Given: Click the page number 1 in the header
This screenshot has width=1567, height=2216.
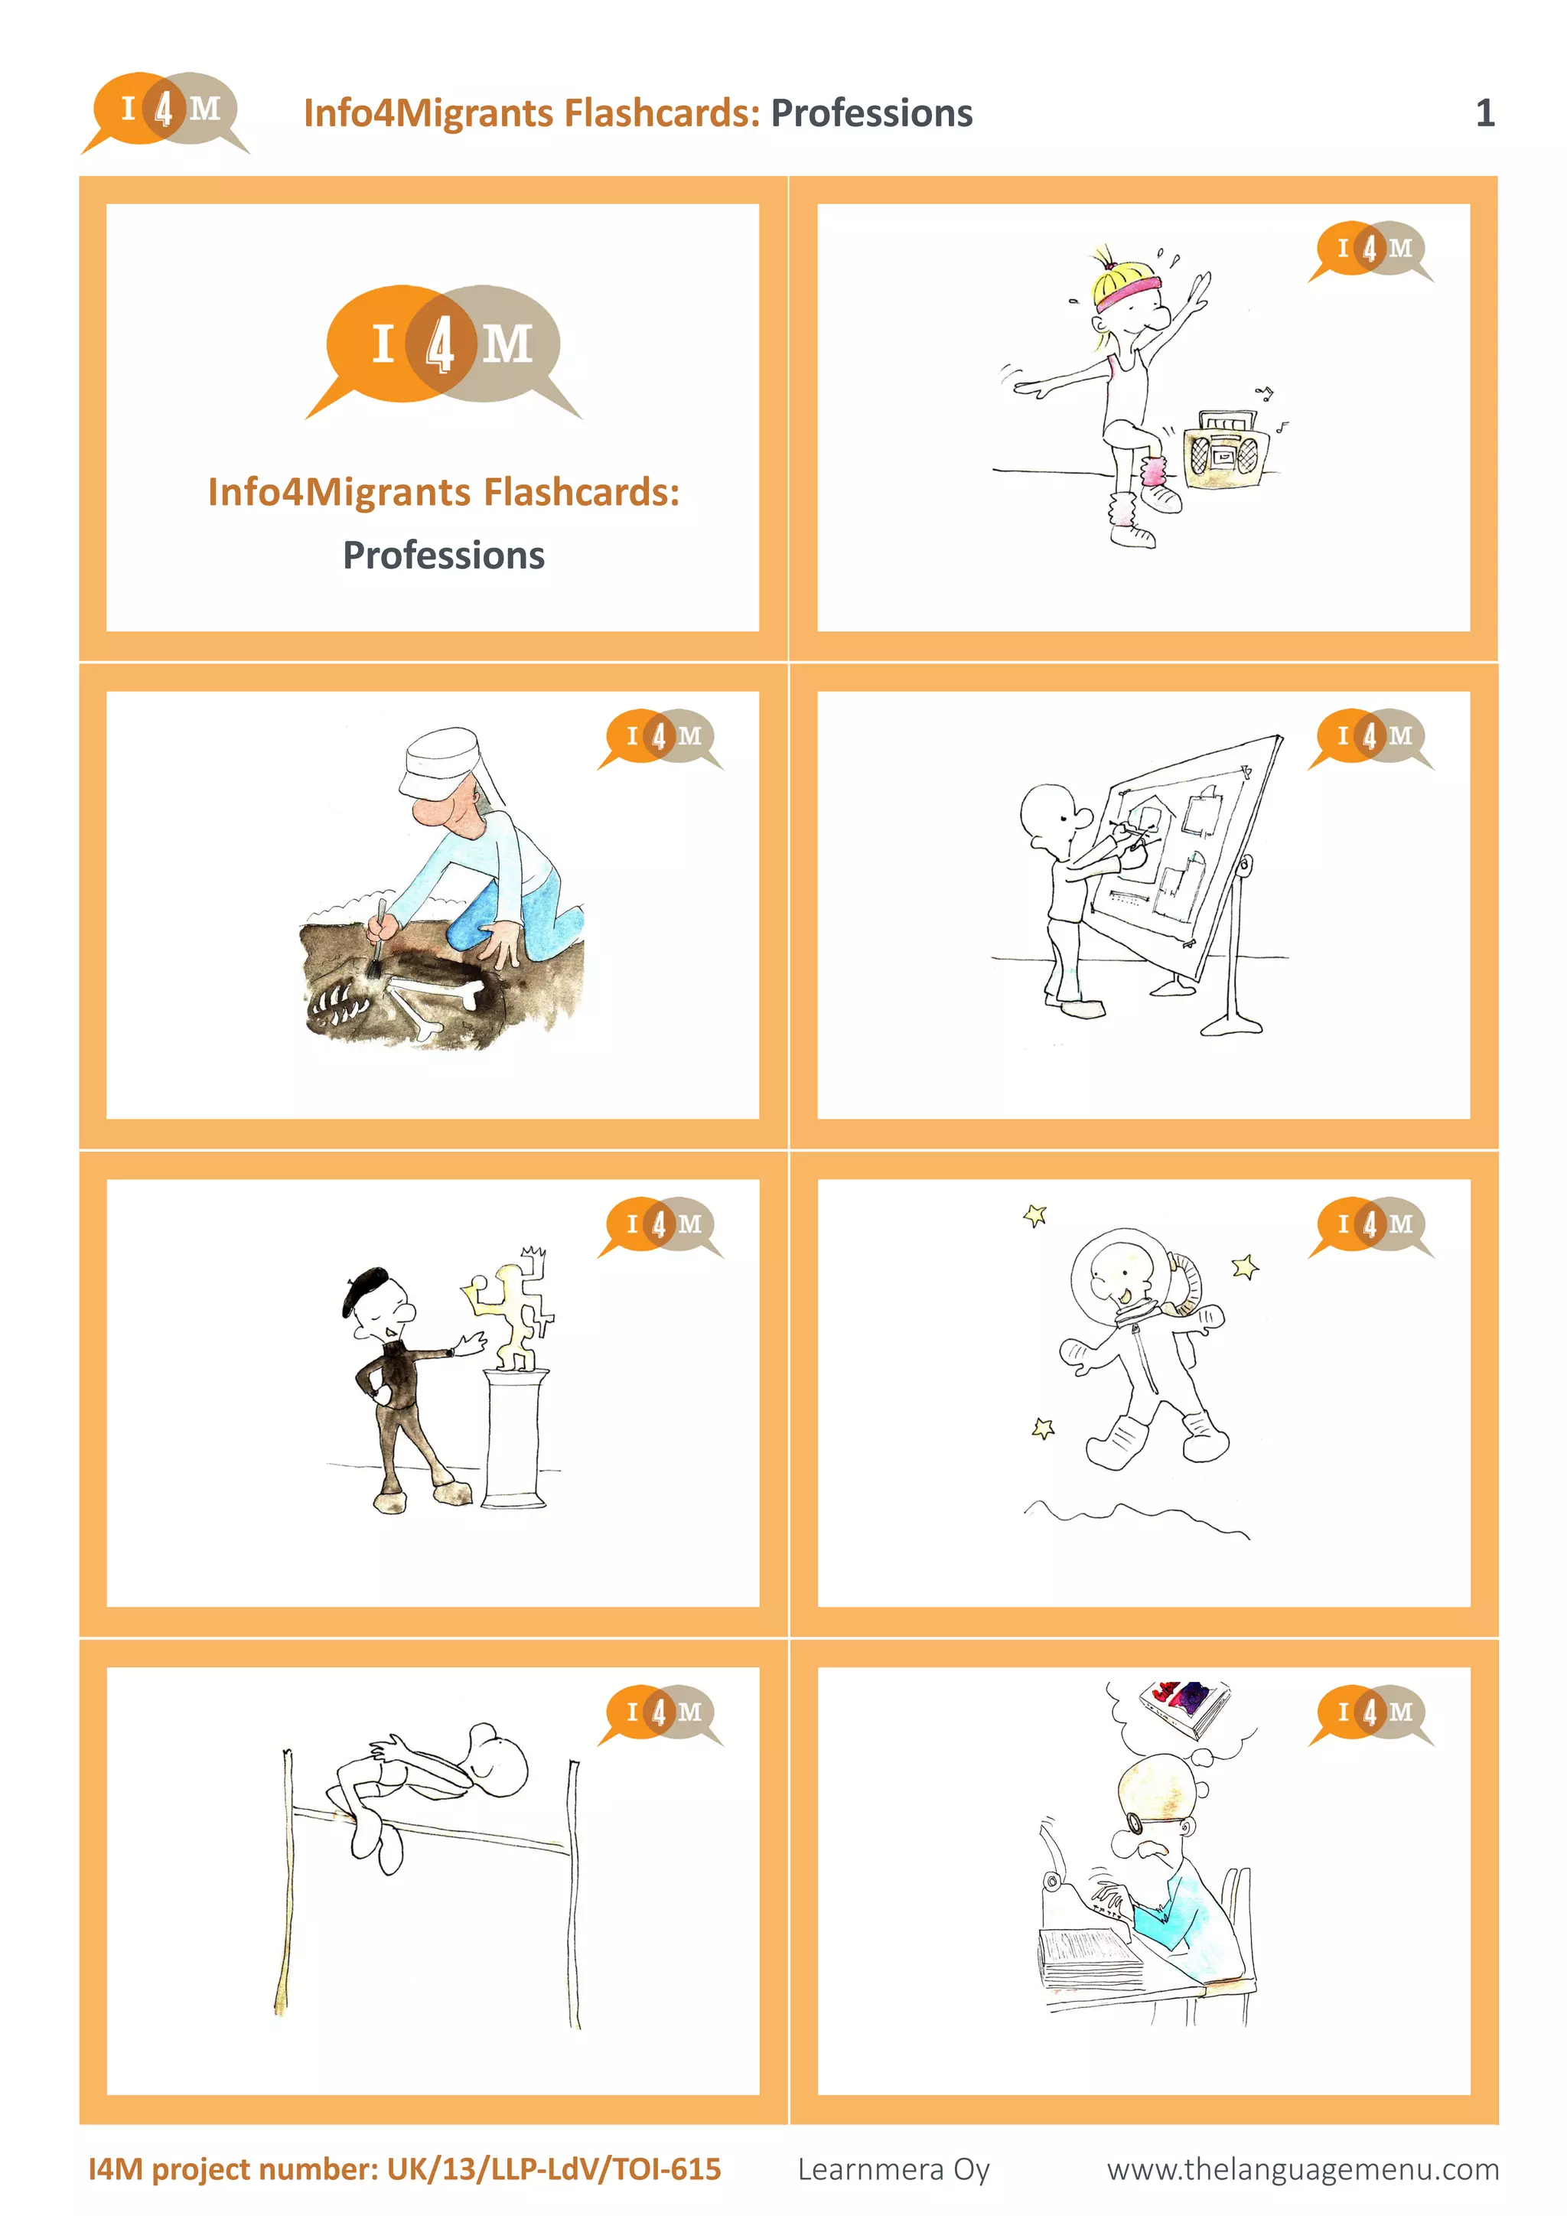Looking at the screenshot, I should coord(1484,114).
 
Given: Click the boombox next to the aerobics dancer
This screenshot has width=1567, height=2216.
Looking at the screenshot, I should coord(1223,449).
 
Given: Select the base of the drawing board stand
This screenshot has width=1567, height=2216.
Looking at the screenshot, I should coord(1231,1025).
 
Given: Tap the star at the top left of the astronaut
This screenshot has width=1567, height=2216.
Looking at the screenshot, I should coord(1034,1214).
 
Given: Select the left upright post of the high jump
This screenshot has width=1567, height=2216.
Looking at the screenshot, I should coord(287,1882).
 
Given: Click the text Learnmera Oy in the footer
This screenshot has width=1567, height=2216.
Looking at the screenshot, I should coord(893,2169).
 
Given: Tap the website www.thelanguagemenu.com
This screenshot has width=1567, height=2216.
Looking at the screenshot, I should coord(1301,2169).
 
